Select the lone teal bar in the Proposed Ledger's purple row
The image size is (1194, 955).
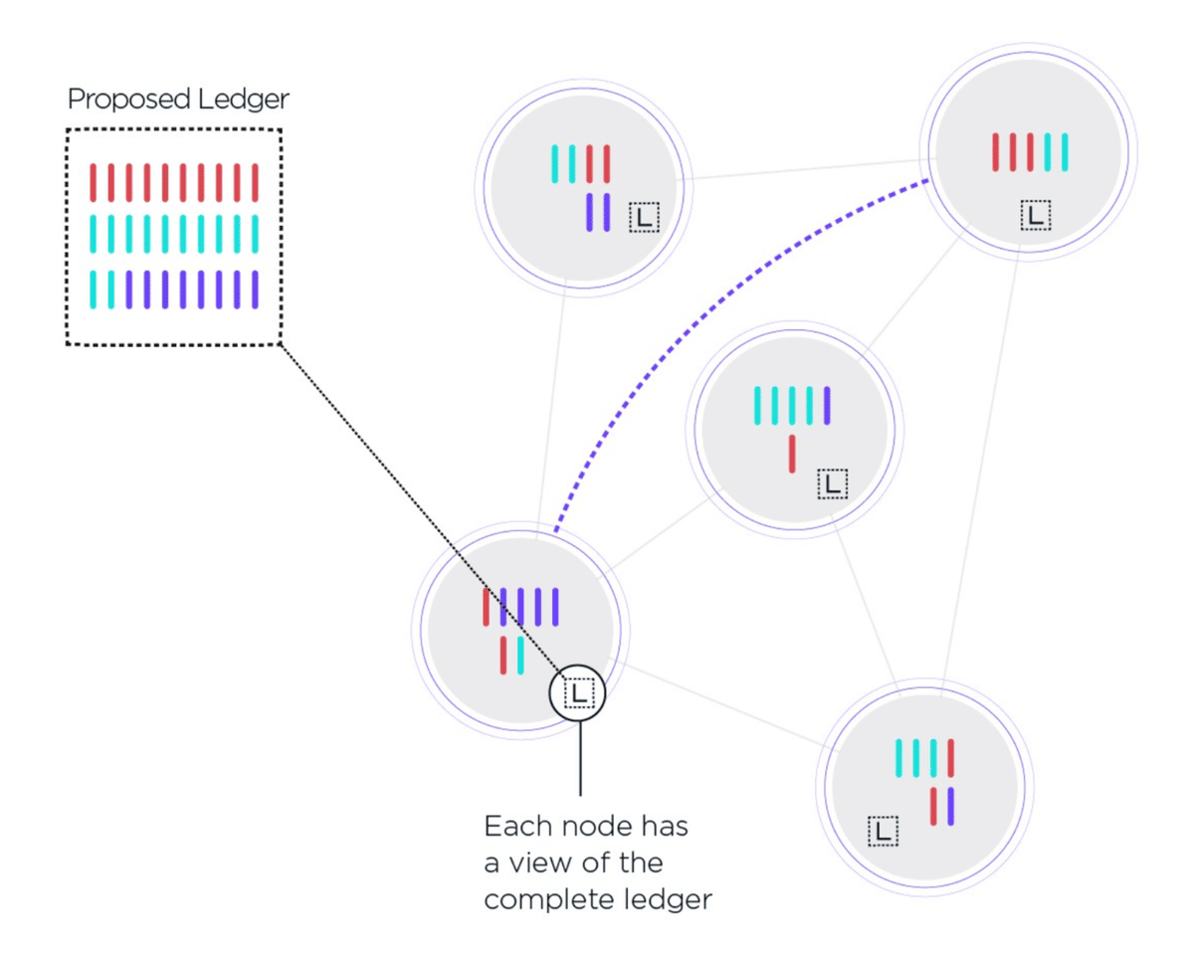(94, 289)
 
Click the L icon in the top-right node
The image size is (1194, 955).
(1037, 215)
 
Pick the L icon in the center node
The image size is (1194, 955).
(833, 484)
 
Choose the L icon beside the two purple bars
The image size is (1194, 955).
(644, 218)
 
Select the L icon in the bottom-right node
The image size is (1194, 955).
(883, 831)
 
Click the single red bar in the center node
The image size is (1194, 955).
(792, 454)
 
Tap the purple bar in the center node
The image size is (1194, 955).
(827, 405)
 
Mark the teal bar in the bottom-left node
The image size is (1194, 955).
(520, 656)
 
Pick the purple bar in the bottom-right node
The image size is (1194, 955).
(951, 806)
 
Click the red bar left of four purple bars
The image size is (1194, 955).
(487, 607)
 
